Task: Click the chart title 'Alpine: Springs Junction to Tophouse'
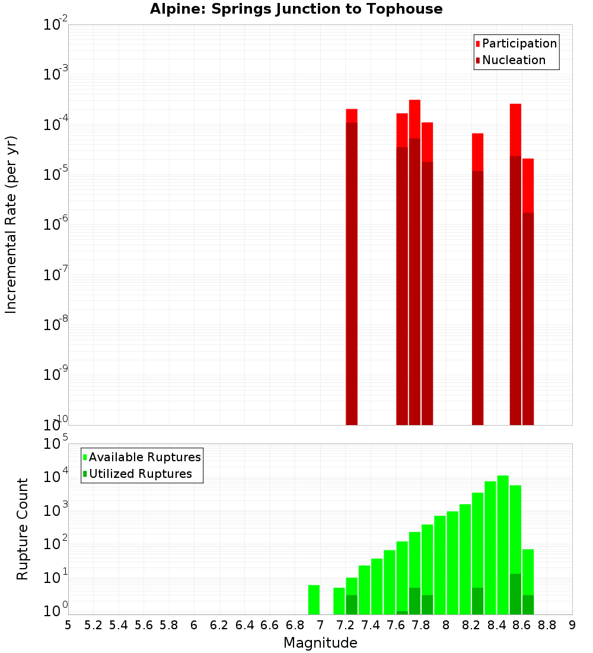point(296,9)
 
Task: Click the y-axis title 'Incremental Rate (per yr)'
point(11,224)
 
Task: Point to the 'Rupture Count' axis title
point(23,529)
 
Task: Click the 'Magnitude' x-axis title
point(320,643)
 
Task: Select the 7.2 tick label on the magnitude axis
point(345,625)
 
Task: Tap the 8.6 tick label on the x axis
point(521,625)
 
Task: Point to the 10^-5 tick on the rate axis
point(56,175)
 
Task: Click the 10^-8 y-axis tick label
point(56,325)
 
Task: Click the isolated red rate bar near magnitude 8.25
point(477,279)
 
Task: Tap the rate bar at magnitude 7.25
point(352,267)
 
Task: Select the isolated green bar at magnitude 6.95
point(314,600)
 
